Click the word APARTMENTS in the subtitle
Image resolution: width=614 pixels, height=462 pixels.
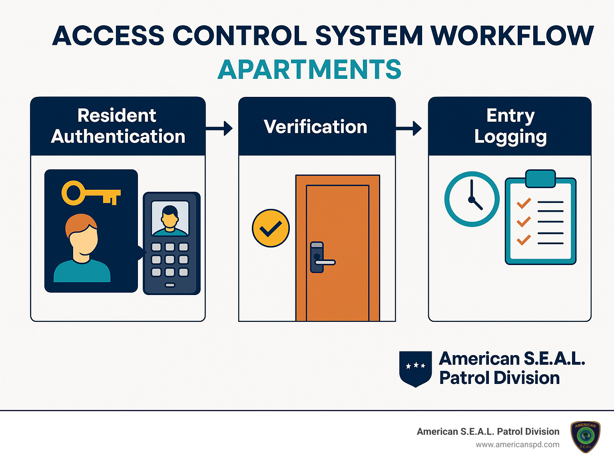pyautogui.click(x=309, y=69)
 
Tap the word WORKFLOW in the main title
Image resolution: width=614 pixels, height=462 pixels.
pyautogui.click(x=512, y=36)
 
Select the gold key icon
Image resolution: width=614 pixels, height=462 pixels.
pyautogui.click(x=91, y=193)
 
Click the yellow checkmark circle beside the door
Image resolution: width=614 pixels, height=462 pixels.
pyautogui.click(x=271, y=228)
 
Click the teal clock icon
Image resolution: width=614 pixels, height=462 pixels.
pyautogui.click(x=472, y=199)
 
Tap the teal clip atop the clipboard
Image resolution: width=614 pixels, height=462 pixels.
pyautogui.click(x=540, y=179)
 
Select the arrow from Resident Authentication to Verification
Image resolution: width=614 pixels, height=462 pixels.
pyautogui.click(x=219, y=129)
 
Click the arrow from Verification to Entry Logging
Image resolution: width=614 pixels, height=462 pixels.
pyautogui.click(x=409, y=129)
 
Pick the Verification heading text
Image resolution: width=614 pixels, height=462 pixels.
pyautogui.click(x=315, y=127)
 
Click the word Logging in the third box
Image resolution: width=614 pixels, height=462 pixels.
pyautogui.click(x=510, y=137)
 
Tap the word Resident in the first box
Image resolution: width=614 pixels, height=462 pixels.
pyautogui.click(x=117, y=115)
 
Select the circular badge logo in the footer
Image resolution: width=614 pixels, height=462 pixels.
pyautogui.click(x=586, y=437)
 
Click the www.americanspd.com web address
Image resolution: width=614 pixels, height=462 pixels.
pyautogui.click(x=518, y=445)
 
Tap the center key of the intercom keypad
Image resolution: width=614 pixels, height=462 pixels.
pyautogui.click(x=170, y=260)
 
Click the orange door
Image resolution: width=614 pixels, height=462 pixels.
pyautogui.click(x=338, y=248)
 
